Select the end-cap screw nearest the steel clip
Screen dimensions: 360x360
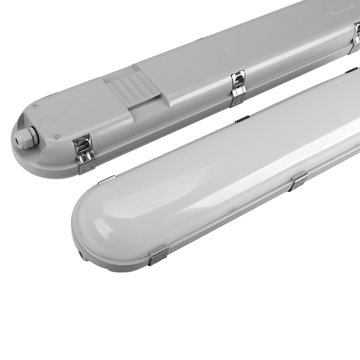click(56, 136)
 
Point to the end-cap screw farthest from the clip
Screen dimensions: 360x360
click(35, 106)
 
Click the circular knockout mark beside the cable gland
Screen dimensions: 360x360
click(47, 121)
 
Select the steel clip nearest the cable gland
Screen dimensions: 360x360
click(84, 153)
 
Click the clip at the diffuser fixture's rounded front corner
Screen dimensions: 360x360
click(158, 254)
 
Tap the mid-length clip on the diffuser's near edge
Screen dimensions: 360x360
click(300, 180)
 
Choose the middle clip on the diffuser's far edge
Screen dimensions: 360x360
click(242, 119)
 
